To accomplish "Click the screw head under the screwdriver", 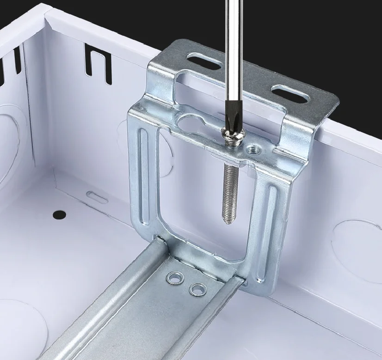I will coord(231,136).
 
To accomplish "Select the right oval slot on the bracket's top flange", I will coord(290,93).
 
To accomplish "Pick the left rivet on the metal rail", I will coord(176,278).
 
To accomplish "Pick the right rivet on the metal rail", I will coord(198,289).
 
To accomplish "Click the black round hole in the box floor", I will coord(59,214).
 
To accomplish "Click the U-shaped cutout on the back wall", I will coord(98,64).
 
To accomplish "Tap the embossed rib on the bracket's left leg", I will coord(145,176).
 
